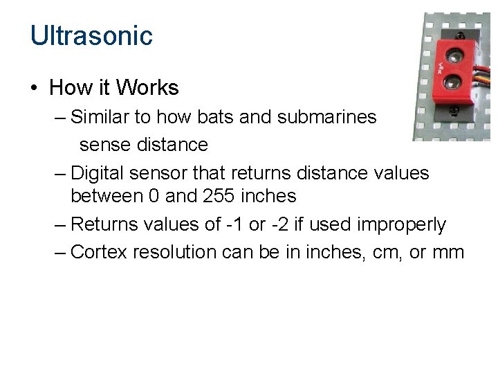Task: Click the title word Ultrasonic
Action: (x=91, y=35)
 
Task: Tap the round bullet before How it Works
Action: (x=34, y=89)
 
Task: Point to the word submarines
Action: (x=326, y=117)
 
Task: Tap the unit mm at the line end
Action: (x=448, y=253)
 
